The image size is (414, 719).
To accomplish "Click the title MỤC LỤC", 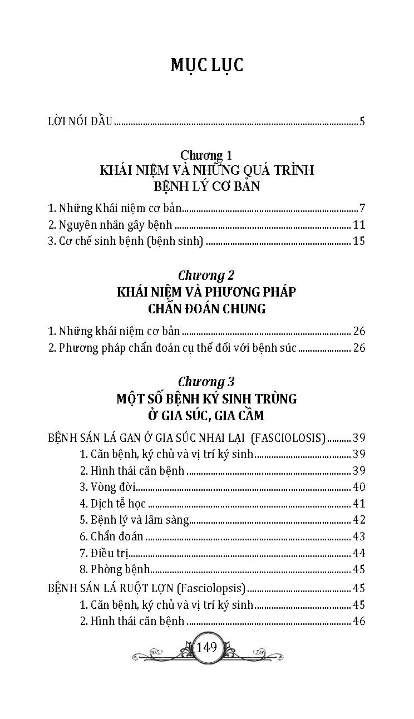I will (207, 65).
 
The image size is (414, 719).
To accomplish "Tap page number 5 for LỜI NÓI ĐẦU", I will (362, 121).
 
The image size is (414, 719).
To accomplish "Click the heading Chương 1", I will (206, 155).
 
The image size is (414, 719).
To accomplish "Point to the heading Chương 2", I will (206, 275).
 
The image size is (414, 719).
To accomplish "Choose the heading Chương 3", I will (206, 382).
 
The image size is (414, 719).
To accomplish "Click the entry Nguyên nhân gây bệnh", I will (110, 225).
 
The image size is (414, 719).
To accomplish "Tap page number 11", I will (358, 225).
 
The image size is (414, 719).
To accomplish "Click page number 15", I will (358, 242).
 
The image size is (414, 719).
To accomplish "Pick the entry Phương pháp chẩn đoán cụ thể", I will (172, 348).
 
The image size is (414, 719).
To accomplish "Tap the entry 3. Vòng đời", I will (108, 487).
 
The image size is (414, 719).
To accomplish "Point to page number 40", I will (359, 487).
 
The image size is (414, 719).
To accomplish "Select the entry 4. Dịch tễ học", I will (112, 504).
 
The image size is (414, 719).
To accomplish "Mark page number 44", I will (359, 553).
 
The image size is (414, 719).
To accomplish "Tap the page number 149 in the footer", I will (206, 647).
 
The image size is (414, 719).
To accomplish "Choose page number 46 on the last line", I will (359, 620).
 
